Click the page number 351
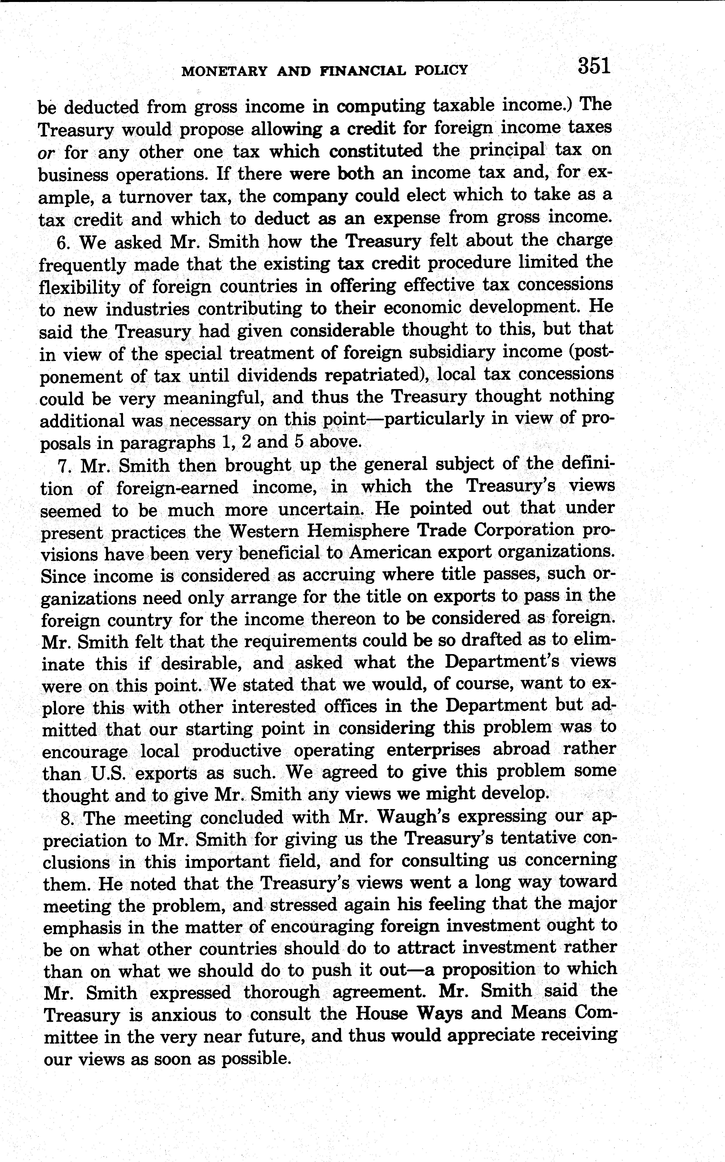tap(594, 66)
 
